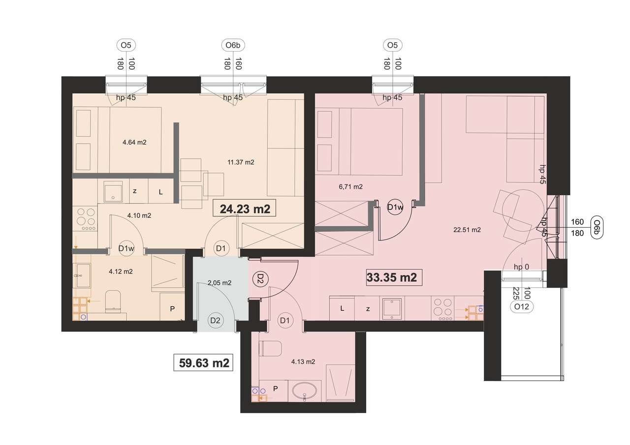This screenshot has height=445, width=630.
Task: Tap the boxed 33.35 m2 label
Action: click(x=392, y=277)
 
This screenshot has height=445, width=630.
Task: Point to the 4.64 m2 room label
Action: click(x=134, y=143)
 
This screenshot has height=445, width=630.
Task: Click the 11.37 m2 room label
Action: click(x=241, y=162)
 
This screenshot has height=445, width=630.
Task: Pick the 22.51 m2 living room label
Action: click(x=468, y=229)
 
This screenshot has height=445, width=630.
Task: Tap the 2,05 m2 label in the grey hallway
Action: click(x=220, y=283)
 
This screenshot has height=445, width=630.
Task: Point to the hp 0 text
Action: click(x=521, y=267)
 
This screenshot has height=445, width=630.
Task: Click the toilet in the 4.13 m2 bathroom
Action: click(x=270, y=348)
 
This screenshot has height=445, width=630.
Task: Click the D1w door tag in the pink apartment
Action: click(x=395, y=207)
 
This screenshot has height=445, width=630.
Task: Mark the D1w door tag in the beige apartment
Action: click(x=126, y=249)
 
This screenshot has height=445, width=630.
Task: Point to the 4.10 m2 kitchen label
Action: click(x=139, y=215)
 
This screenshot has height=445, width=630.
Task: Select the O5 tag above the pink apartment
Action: click(x=392, y=46)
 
